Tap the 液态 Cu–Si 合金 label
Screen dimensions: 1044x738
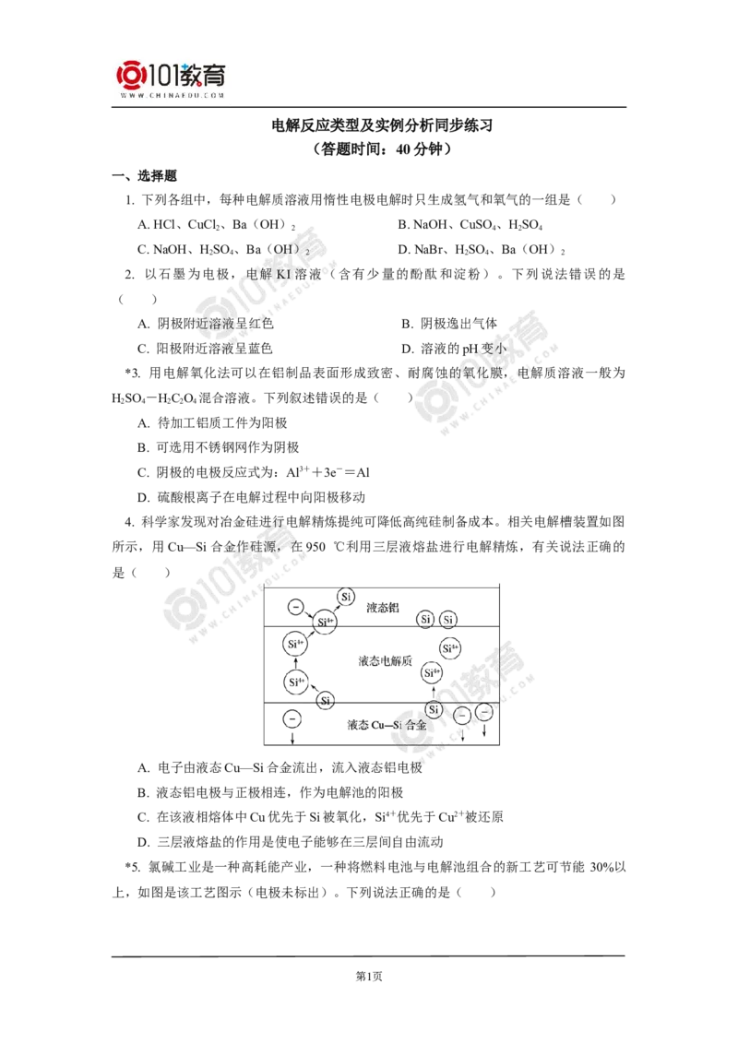pos(387,725)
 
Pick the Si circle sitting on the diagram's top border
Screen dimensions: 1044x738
pos(345,597)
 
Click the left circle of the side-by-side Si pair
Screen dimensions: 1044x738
pos(426,619)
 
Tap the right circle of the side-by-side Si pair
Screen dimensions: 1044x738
pos(448,619)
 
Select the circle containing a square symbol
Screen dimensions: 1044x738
pos(291,718)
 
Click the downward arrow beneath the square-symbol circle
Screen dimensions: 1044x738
pos(292,739)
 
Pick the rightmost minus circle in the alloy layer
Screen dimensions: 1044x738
pos(484,714)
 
